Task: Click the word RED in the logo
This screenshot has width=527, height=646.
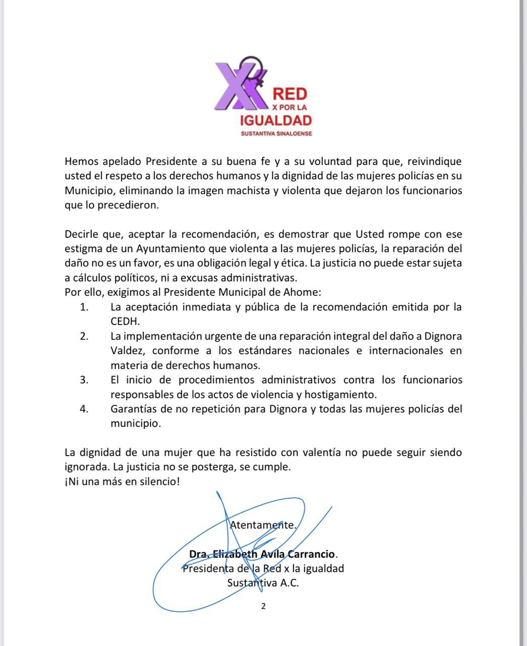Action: pyautogui.click(x=289, y=93)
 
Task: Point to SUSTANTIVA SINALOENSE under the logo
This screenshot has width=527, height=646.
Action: pyautogui.click(x=277, y=134)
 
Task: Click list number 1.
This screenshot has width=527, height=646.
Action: pyautogui.click(x=84, y=307)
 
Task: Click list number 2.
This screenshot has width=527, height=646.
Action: pyautogui.click(x=84, y=336)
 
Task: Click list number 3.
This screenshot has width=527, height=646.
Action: pyautogui.click(x=84, y=380)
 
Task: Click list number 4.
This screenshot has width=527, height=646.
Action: pyautogui.click(x=84, y=409)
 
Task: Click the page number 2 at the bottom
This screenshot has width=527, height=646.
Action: pyautogui.click(x=263, y=607)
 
